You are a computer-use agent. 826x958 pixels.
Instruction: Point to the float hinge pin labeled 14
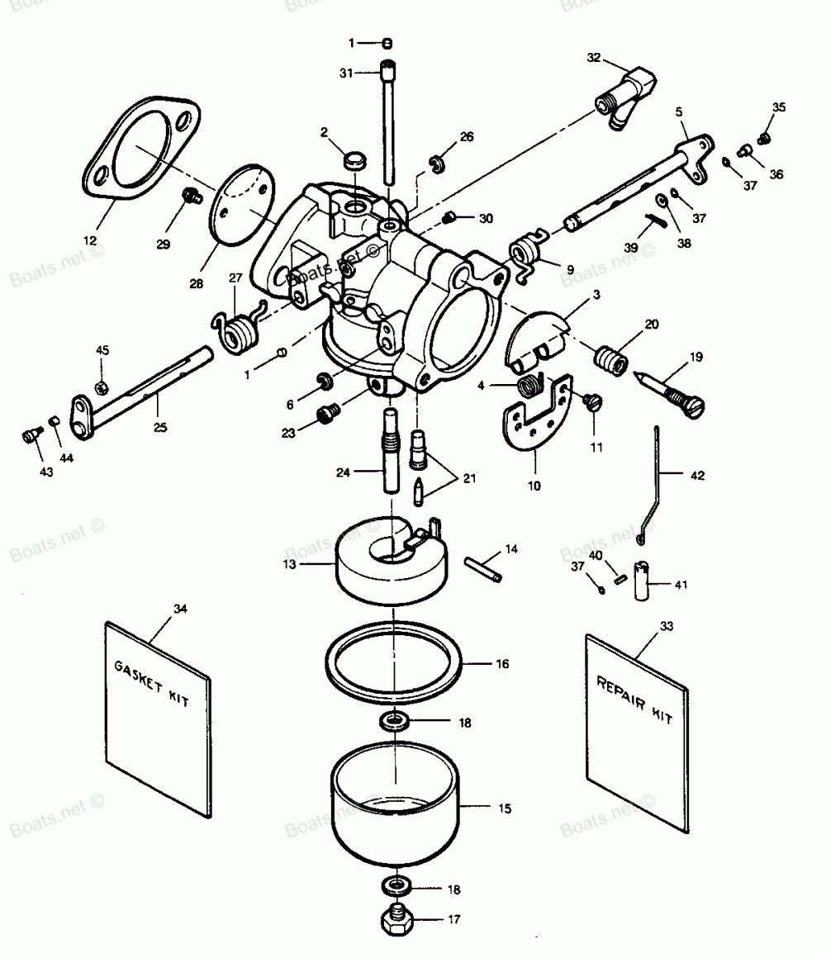(x=482, y=568)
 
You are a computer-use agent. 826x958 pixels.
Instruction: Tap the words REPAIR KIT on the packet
(x=634, y=698)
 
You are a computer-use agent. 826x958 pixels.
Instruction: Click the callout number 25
(x=159, y=427)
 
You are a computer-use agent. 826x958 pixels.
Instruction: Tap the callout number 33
(x=667, y=626)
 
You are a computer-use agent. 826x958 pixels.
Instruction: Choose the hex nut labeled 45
(x=100, y=387)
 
